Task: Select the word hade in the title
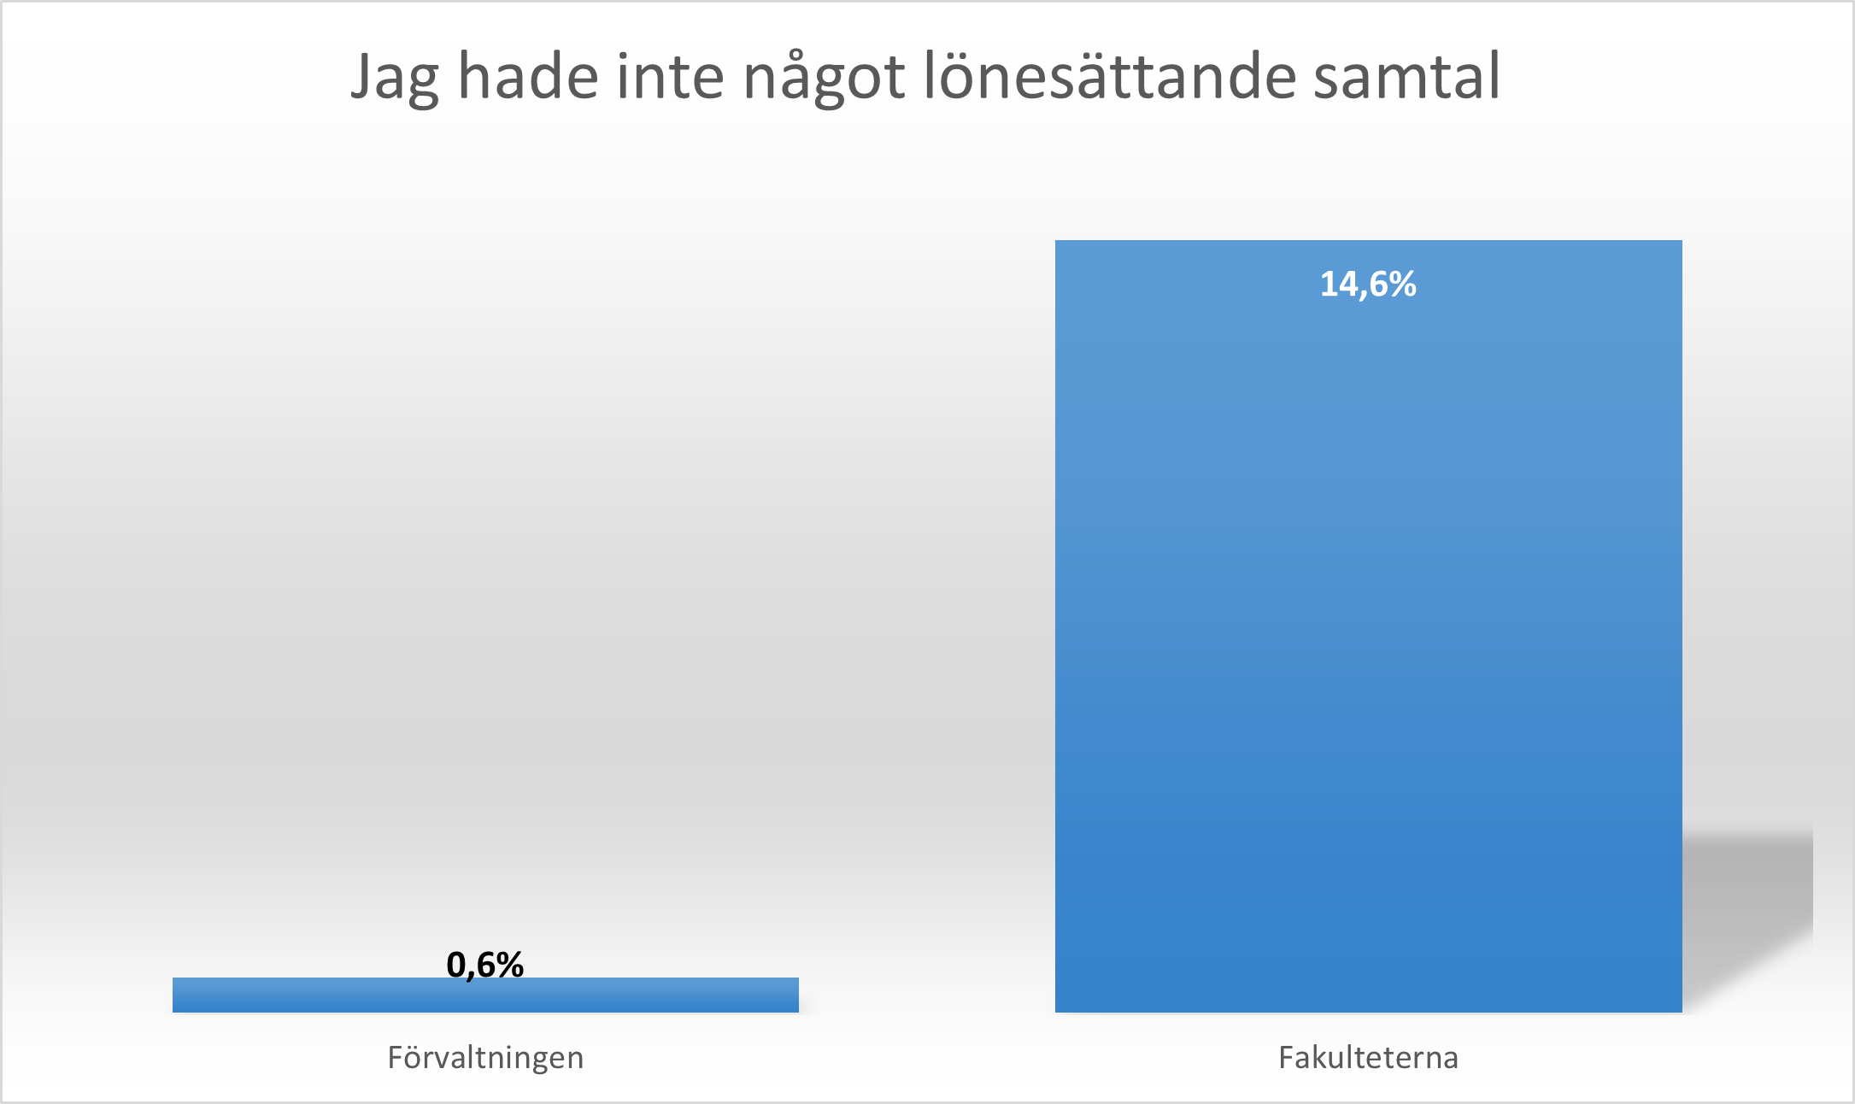coord(527,77)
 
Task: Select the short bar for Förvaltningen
coord(485,996)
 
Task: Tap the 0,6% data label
coord(484,965)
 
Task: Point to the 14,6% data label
coord(1368,285)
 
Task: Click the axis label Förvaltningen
coord(485,1058)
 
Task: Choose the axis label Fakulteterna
coord(1368,1058)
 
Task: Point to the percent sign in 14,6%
coord(1401,285)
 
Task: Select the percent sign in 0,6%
coord(509,965)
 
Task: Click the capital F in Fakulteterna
coord(1286,1058)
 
